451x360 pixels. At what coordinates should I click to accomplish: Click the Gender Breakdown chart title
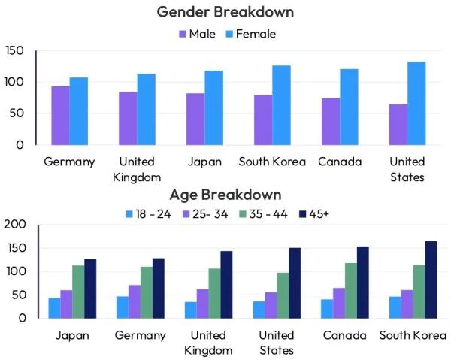pyautogui.click(x=225, y=12)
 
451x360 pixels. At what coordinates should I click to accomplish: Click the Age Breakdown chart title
pyautogui.click(x=225, y=195)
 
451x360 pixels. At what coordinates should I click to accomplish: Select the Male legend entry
pyautogui.click(x=197, y=34)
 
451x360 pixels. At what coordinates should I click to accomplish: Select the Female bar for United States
pyautogui.click(x=416, y=103)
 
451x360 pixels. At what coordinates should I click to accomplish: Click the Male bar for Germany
pyautogui.click(x=60, y=115)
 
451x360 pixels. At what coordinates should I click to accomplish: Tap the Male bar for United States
pyautogui.click(x=398, y=124)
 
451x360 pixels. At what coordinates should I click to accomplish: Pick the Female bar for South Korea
pyautogui.click(x=281, y=105)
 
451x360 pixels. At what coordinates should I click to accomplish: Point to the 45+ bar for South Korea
pyautogui.click(x=431, y=279)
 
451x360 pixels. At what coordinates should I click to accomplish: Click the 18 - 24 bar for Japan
pyautogui.click(x=53, y=307)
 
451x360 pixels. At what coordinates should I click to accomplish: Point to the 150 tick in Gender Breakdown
pyautogui.click(x=14, y=50)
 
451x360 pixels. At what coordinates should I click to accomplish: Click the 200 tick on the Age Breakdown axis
pyautogui.click(x=14, y=224)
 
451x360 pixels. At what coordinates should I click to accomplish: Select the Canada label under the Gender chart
pyautogui.click(x=339, y=162)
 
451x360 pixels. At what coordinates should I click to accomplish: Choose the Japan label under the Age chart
pyautogui.click(x=72, y=335)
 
